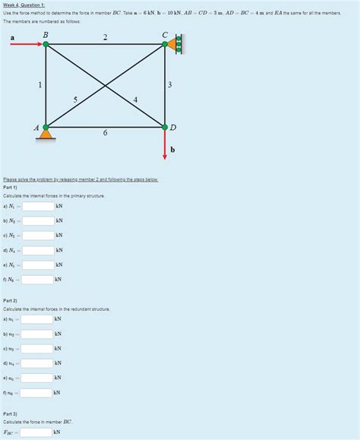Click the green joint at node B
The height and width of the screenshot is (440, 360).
point(46,45)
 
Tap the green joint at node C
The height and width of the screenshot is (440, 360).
point(165,45)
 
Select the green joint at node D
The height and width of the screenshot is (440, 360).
point(165,126)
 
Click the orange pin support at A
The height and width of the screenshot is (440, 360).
point(46,135)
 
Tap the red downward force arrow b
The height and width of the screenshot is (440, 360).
point(165,144)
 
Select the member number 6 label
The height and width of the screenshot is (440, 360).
point(105,134)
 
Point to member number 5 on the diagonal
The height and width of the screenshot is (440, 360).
point(75,99)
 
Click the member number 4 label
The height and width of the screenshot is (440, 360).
point(135,99)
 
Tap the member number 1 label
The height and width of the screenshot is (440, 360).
point(39,84)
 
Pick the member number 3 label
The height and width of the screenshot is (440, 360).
point(172,84)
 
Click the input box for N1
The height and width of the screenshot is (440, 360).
point(37,206)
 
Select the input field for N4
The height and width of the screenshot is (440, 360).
point(37,250)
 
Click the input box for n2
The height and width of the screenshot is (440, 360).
point(37,334)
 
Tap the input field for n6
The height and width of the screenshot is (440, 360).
point(36,393)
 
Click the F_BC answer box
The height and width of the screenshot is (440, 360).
point(36,432)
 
